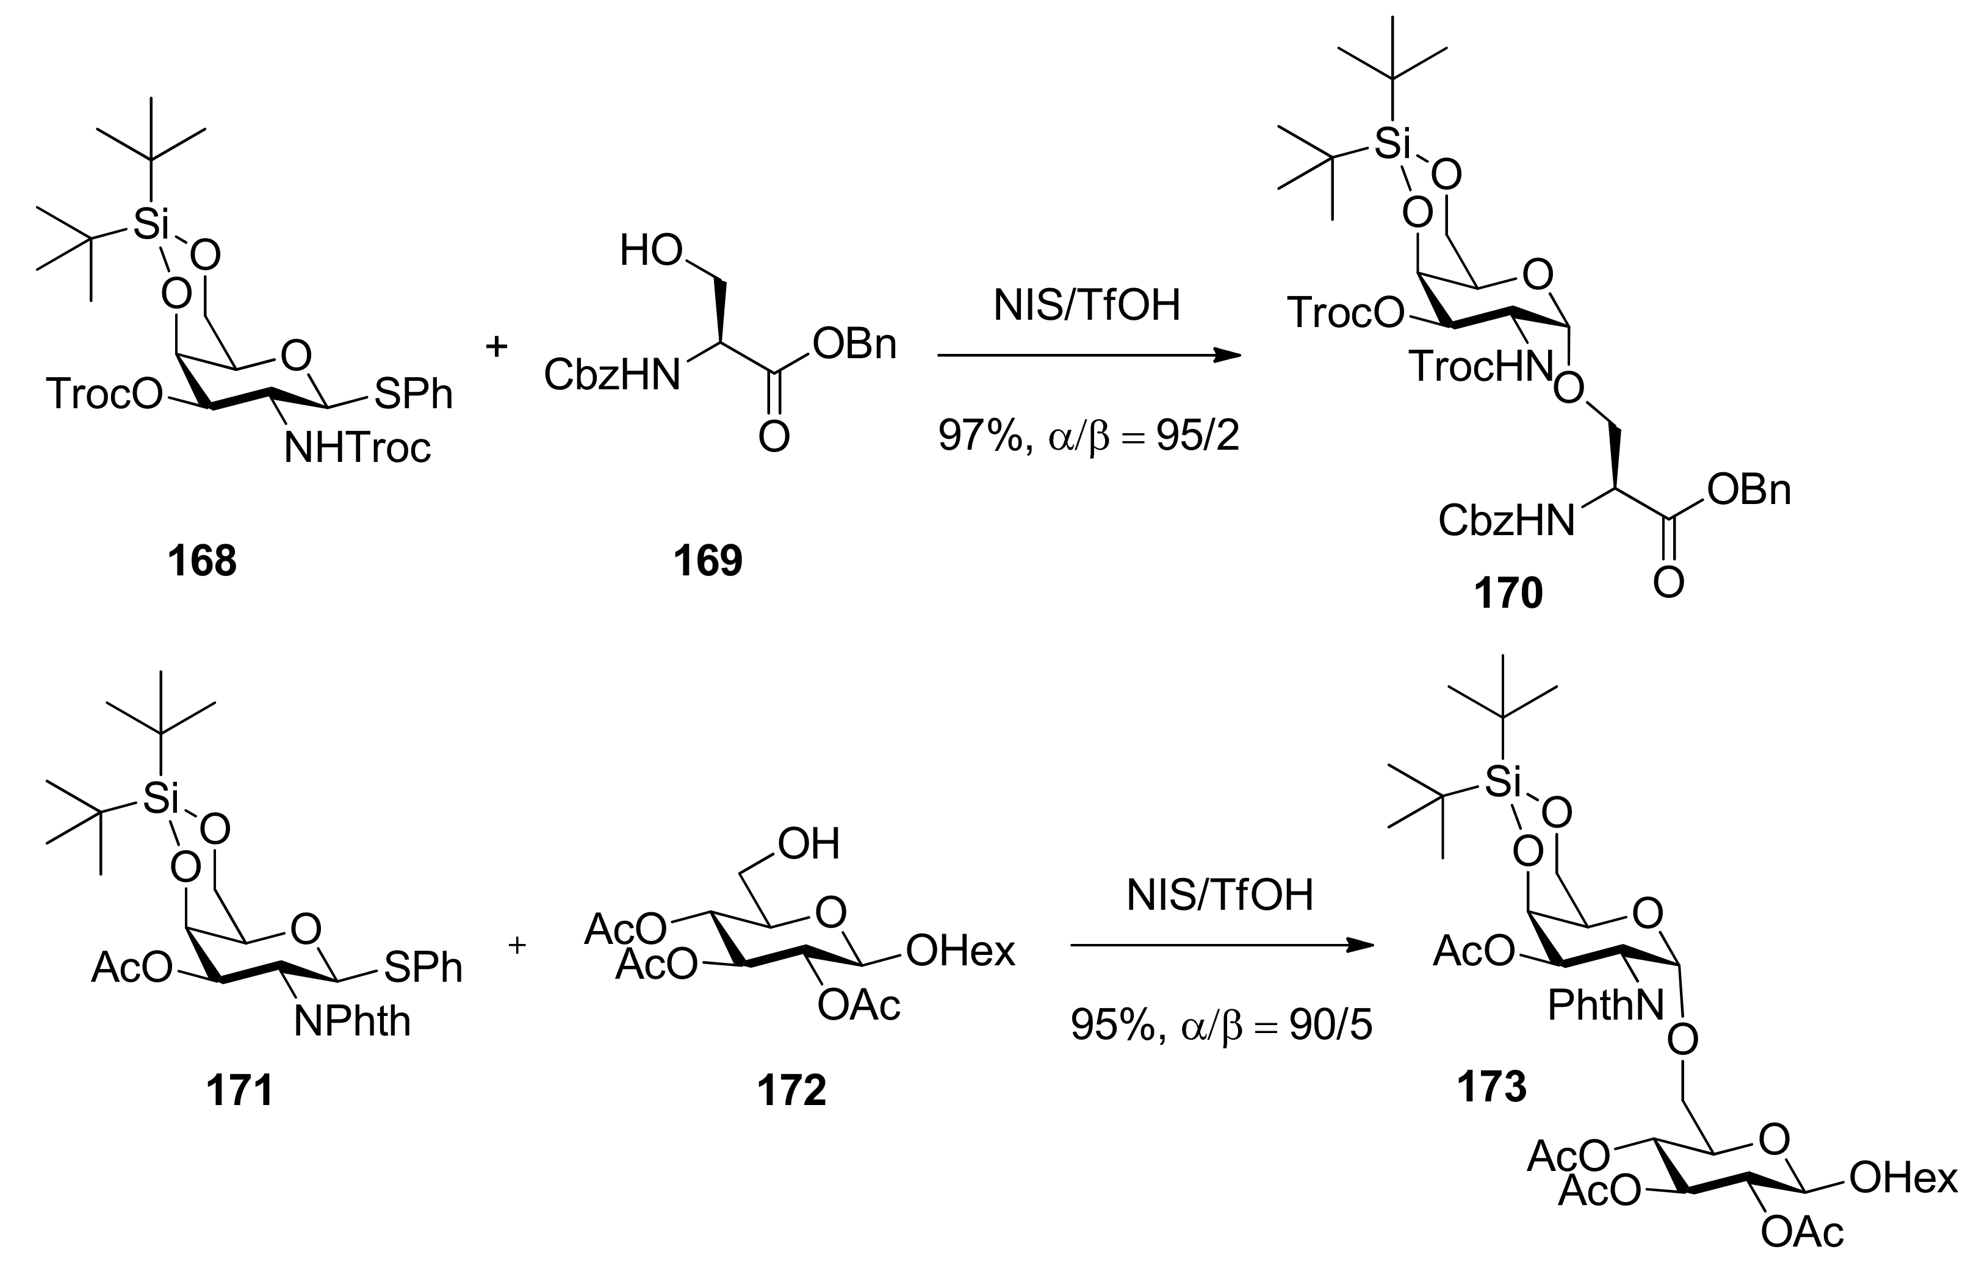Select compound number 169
click(707, 561)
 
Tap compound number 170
click(1508, 594)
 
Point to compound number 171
click(240, 1090)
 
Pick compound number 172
click(791, 1090)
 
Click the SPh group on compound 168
click(413, 395)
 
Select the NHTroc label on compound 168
click(358, 448)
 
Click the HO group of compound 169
click(651, 250)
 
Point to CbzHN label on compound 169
click(612, 375)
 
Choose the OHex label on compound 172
click(960, 951)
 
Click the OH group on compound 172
click(809, 844)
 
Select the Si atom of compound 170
click(1392, 144)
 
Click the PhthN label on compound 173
click(1605, 1006)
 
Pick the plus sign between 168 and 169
click(496, 347)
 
